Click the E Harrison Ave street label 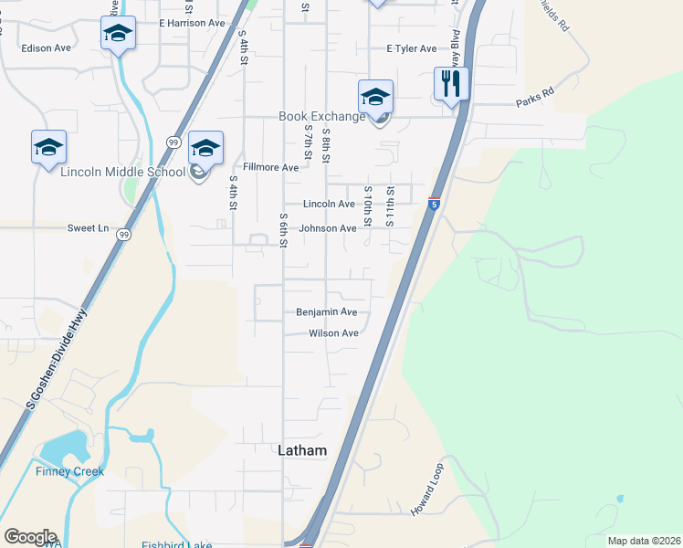(192, 22)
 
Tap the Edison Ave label (47, 47)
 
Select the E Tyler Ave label (411, 48)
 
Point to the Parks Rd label (534, 93)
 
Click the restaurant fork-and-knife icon (451, 84)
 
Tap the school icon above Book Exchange (376, 96)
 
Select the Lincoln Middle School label (123, 171)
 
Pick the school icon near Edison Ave (118, 34)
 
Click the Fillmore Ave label (270, 168)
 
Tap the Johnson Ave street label (329, 228)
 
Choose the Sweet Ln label (88, 227)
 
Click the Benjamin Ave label (326, 312)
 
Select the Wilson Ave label (333, 333)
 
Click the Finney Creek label (70, 471)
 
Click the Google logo (30, 537)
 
